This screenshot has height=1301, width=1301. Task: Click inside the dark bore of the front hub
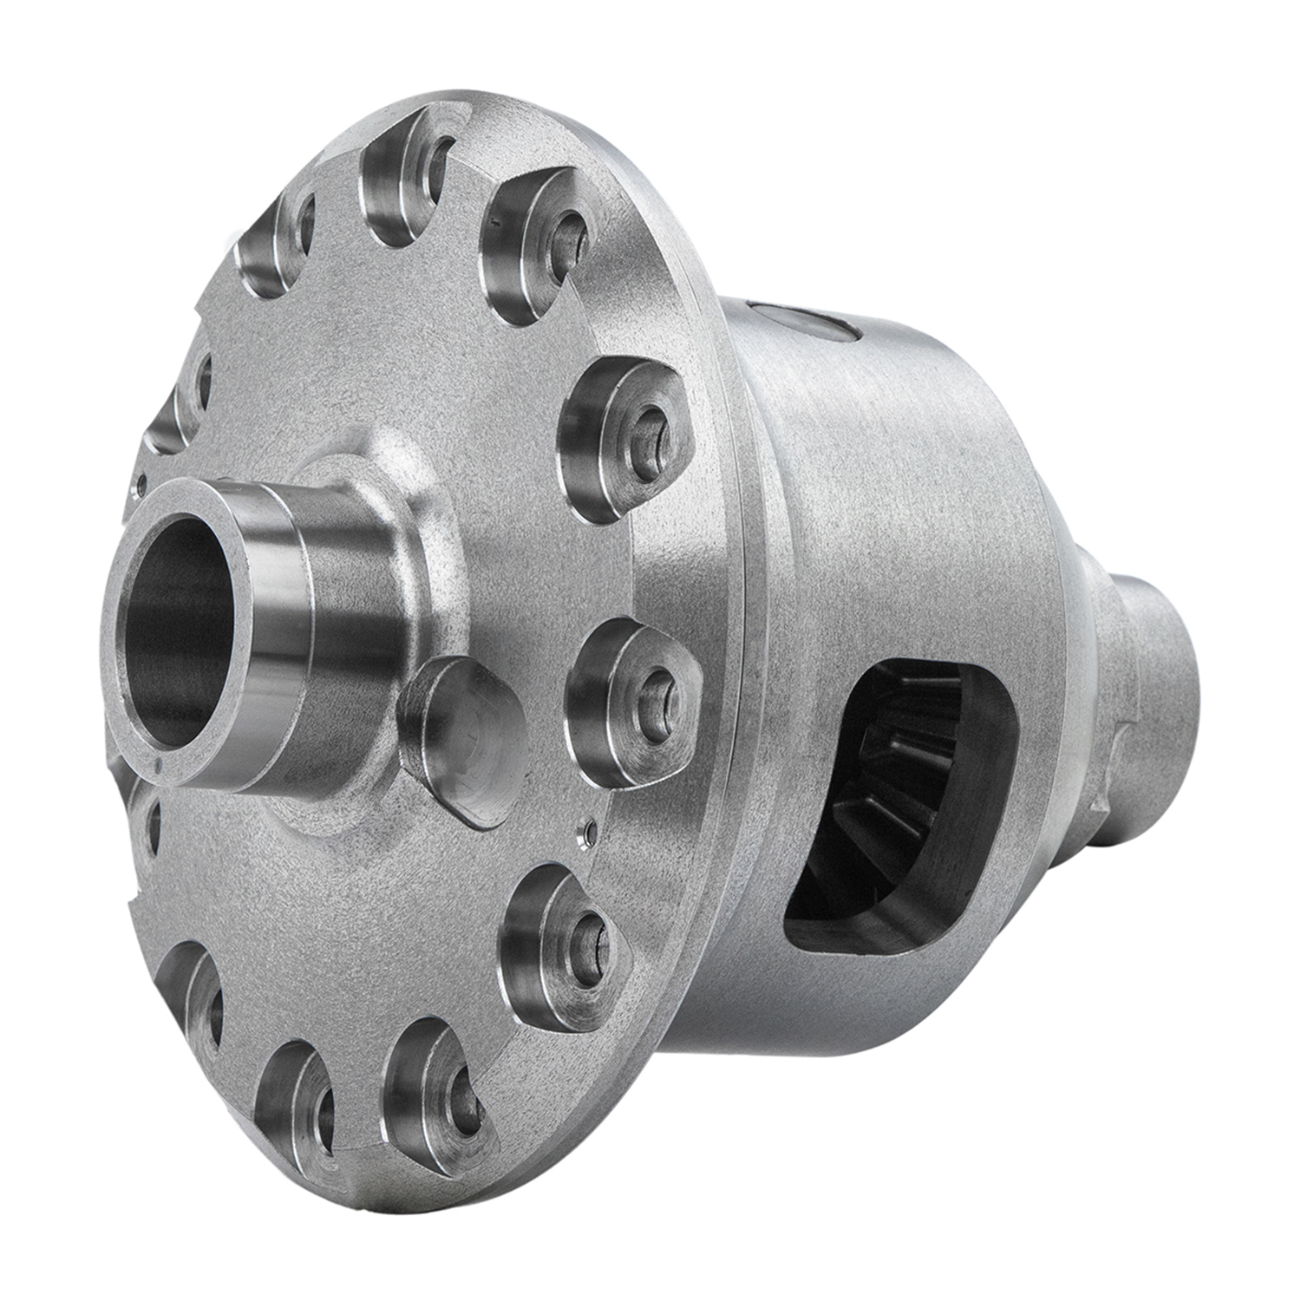178,633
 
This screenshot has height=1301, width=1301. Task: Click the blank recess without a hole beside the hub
464,737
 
